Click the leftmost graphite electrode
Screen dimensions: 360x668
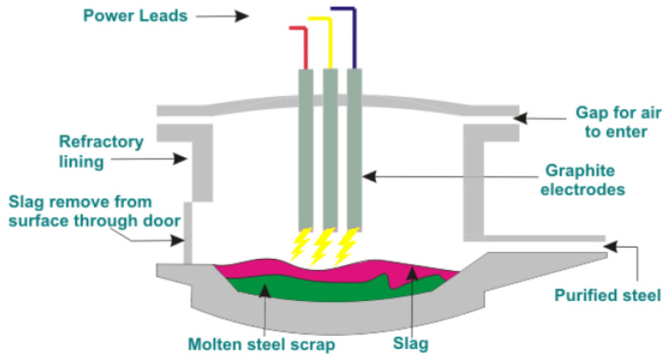(x=306, y=147)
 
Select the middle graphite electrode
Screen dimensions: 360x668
(x=330, y=147)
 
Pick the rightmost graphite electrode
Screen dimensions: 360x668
(x=354, y=147)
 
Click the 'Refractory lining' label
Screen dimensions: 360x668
(x=101, y=151)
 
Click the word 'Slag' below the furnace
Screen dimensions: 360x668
(x=412, y=344)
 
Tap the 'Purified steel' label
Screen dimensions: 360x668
(x=607, y=295)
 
